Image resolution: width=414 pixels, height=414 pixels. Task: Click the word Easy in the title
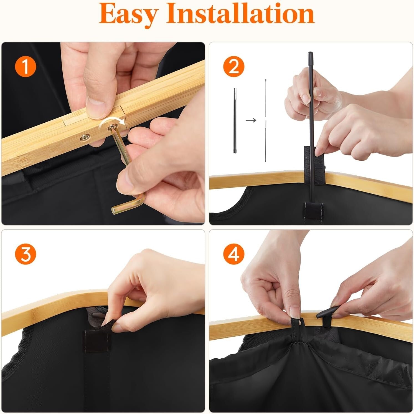tap(129, 14)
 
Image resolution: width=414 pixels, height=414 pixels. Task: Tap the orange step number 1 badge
tap(26, 67)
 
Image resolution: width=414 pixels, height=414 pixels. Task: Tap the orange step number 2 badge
tap(234, 67)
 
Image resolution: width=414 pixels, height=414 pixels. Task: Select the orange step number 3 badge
tap(26, 254)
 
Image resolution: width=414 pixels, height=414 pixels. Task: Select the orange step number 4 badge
tap(234, 254)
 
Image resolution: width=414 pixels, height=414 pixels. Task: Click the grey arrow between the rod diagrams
tap(251, 120)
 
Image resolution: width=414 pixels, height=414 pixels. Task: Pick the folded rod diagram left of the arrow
tap(235, 120)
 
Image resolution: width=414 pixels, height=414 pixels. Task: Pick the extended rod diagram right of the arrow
tap(266, 120)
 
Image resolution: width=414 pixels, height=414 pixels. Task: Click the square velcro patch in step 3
tap(94, 341)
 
